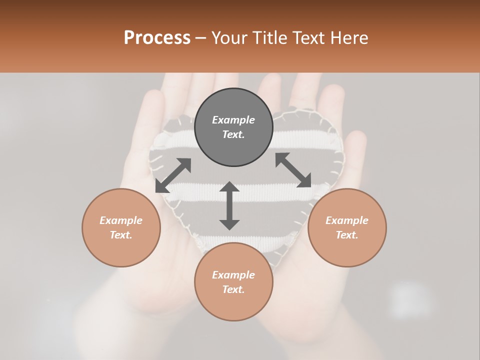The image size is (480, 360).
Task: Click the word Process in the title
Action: tap(157, 37)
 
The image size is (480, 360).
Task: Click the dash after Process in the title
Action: tap(201, 38)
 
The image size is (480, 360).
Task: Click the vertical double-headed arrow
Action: tap(229, 205)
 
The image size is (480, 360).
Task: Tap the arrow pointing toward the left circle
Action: tap(173, 175)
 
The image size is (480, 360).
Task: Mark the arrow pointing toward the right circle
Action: tap(293, 170)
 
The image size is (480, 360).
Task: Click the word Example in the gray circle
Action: tap(233, 120)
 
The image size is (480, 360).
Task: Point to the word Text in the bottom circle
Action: tap(233, 289)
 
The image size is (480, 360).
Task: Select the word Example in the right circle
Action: tap(347, 220)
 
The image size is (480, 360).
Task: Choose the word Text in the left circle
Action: tap(121, 235)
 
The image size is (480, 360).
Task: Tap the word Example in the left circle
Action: tap(121, 220)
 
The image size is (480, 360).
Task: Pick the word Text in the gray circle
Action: tap(233, 134)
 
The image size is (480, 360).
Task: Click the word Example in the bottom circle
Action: tap(233, 275)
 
